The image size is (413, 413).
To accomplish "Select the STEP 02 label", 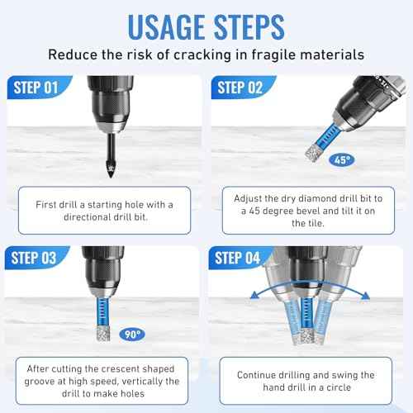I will click(x=241, y=85).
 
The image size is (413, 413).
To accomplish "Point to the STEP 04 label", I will click(x=241, y=258).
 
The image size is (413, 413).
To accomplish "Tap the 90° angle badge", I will click(x=129, y=335).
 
